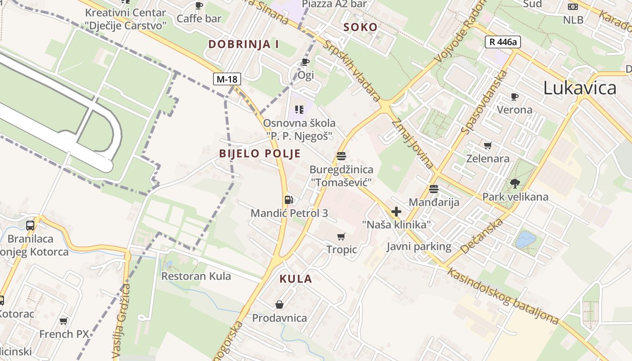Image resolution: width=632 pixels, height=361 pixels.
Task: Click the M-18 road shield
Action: pyautogui.click(x=227, y=79)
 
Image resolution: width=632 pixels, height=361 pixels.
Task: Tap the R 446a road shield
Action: pyautogui.click(x=503, y=42)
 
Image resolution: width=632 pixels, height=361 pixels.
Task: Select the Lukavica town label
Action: pyautogui.click(x=580, y=88)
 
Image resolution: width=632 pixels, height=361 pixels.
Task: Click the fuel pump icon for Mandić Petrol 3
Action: pyautogui.click(x=288, y=199)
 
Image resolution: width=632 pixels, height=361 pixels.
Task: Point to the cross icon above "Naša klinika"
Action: pyautogui.click(x=396, y=212)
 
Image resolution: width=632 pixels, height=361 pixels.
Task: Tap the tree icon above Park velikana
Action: pyautogui.click(x=515, y=183)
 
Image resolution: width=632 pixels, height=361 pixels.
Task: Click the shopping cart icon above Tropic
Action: pyautogui.click(x=341, y=236)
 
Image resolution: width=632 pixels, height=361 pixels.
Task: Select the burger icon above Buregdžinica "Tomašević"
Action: pyautogui.click(x=341, y=156)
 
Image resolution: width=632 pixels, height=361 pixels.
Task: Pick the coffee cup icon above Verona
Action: pyautogui.click(x=514, y=97)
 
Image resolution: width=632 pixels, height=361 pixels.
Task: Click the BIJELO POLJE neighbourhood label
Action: pyautogui.click(x=260, y=153)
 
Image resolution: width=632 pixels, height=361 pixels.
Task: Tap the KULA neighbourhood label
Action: pyautogui.click(x=296, y=279)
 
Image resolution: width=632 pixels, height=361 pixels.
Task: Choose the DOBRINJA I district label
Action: pyautogui.click(x=243, y=44)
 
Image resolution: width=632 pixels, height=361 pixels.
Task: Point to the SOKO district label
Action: pyautogui.click(x=360, y=27)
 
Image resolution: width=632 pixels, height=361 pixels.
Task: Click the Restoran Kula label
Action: pyautogui.click(x=196, y=276)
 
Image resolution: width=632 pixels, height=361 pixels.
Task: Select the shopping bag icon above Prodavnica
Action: pyautogui.click(x=279, y=305)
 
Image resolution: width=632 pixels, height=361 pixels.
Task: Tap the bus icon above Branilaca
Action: pyautogui.click(x=30, y=225)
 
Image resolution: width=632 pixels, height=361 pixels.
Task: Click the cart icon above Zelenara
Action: pyautogui.click(x=488, y=145)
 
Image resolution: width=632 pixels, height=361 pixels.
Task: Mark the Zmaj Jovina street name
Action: pyautogui.click(x=413, y=143)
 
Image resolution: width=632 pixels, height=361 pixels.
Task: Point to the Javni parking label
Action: pyautogui.click(x=419, y=246)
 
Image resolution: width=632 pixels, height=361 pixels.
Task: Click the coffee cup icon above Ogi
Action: pyautogui.click(x=305, y=62)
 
